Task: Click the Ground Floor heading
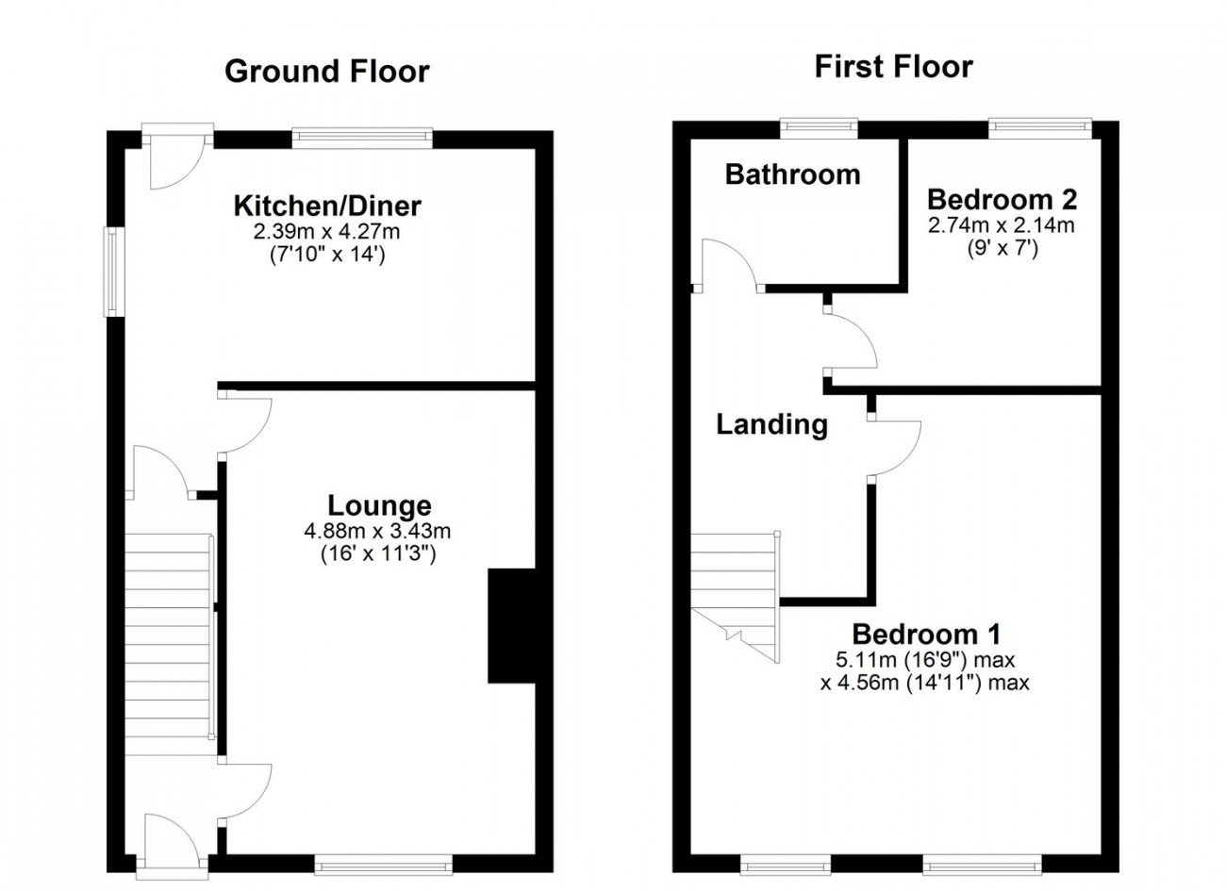326,72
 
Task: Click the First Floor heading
894,67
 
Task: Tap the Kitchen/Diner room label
327,206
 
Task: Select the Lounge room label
379,505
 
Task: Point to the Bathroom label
792,174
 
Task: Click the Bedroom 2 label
1002,200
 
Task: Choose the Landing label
771,424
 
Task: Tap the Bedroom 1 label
927,635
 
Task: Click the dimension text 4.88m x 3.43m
377,530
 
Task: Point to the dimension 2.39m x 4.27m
326,232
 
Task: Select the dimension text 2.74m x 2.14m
1001,225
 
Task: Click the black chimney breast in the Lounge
512,625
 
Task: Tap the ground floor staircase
169,644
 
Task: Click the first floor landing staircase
736,597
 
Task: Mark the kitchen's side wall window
113,272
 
